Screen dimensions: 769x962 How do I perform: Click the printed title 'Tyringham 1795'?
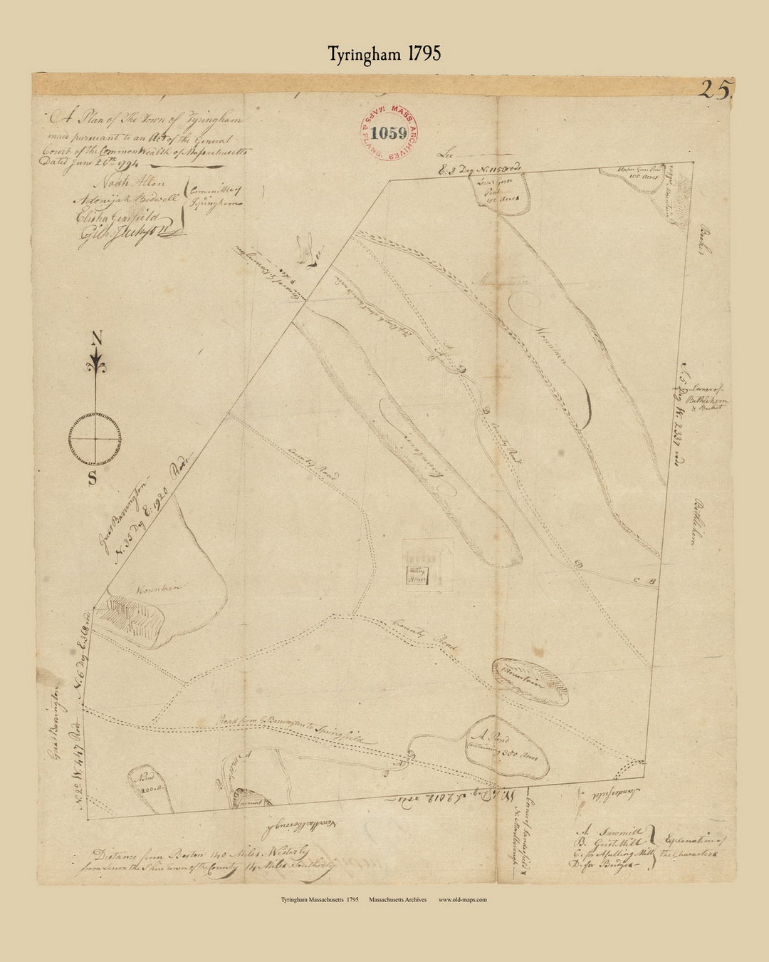tap(384, 54)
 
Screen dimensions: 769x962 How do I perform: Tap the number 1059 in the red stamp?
tap(389, 133)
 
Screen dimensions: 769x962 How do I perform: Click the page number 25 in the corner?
tap(715, 90)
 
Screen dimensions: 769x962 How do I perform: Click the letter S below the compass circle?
tap(93, 478)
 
